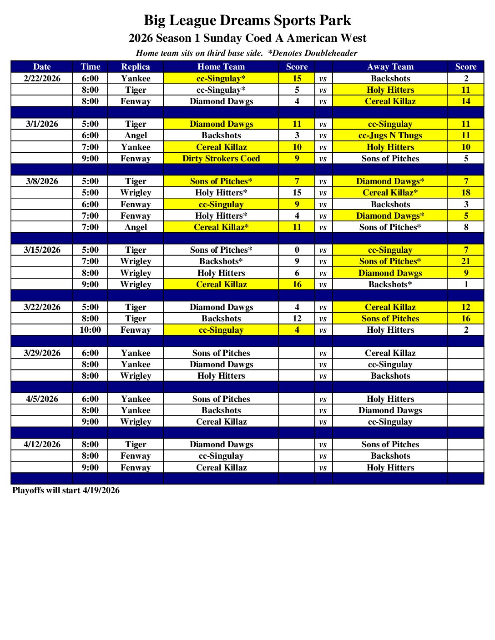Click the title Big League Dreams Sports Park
click(x=247, y=20)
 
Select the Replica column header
click(x=136, y=67)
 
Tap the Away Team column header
click(x=390, y=67)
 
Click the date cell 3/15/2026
click(x=42, y=250)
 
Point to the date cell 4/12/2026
click(x=42, y=445)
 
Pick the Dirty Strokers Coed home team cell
click(x=221, y=159)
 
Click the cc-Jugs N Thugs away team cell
click(x=390, y=135)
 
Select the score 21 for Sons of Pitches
click(x=466, y=261)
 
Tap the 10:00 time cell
click(x=90, y=330)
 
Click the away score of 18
click(x=466, y=193)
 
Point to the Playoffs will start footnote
click(x=66, y=490)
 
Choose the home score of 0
click(x=297, y=250)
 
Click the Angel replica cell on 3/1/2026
click(x=136, y=135)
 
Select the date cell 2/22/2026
click(x=42, y=79)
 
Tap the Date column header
click(x=42, y=67)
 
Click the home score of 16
click(x=297, y=285)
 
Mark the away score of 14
click(x=466, y=101)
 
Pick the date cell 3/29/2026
click(x=42, y=353)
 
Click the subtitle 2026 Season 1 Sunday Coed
click(x=247, y=38)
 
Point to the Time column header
click(x=90, y=67)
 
